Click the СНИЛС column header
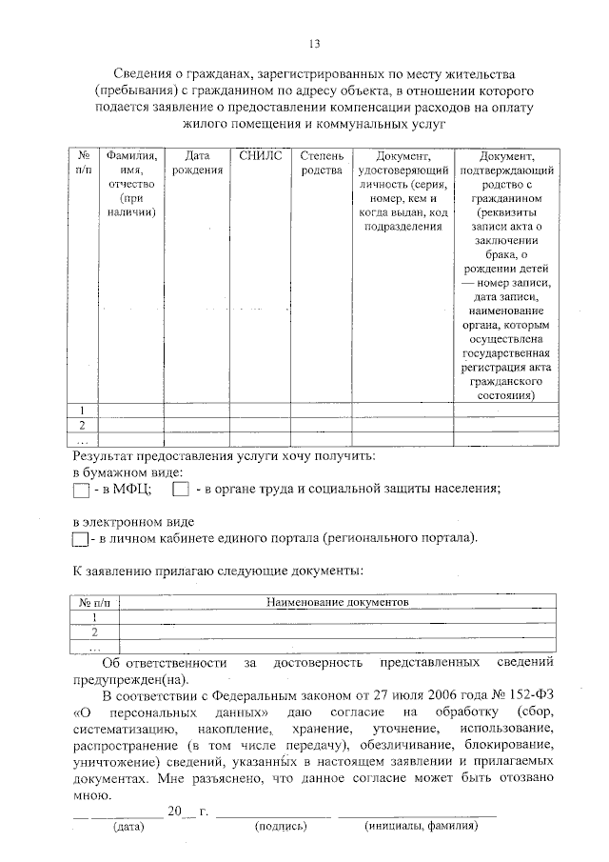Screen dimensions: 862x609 click(260, 155)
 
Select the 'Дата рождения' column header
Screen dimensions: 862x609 click(197, 163)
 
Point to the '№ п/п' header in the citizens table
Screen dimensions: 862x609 click(84, 163)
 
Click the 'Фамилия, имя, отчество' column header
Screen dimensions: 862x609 click(132, 185)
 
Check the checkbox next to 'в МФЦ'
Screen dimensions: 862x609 click(81, 491)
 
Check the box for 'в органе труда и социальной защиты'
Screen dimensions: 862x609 click(181, 491)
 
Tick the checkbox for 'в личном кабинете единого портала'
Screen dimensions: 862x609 click(81, 540)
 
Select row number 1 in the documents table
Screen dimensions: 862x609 click(94, 617)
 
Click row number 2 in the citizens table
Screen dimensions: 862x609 click(83, 425)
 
